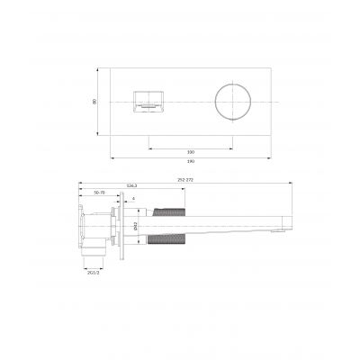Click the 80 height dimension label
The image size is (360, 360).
click(x=94, y=101)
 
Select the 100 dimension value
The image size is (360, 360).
click(x=190, y=152)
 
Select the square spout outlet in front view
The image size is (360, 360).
click(x=148, y=101)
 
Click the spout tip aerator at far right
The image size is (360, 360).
click(x=282, y=231)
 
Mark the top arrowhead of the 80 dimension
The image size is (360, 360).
click(x=99, y=68)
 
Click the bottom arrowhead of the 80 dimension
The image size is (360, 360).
click(x=99, y=134)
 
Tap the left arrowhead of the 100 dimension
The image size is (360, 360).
click(x=149, y=148)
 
